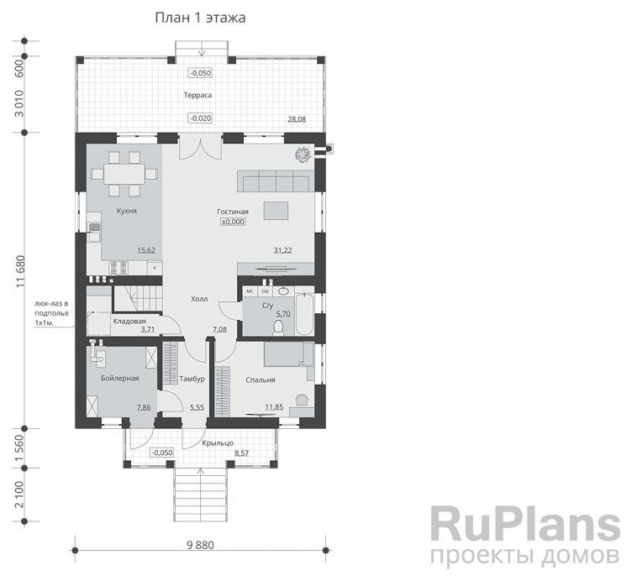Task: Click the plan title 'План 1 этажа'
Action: tap(200, 18)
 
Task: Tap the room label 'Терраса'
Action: tap(197, 96)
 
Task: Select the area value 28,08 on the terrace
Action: tap(297, 119)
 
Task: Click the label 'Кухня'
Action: tap(127, 211)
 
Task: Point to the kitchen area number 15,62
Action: tap(146, 250)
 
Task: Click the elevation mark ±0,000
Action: tap(233, 222)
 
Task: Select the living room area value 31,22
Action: tap(282, 250)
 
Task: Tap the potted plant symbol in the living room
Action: tap(303, 154)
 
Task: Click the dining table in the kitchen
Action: tap(124, 174)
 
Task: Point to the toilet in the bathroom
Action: tap(278, 327)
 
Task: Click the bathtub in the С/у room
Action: tap(304, 314)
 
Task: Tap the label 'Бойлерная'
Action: tap(119, 378)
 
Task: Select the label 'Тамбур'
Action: tap(192, 379)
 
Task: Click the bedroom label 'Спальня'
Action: tap(261, 379)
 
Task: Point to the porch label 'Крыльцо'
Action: tap(218, 443)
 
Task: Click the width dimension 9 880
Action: tap(200, 545)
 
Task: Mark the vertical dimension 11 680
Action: tap(20, 271)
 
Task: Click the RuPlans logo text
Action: tap(525, 523)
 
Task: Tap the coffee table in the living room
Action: tap(276, 211)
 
